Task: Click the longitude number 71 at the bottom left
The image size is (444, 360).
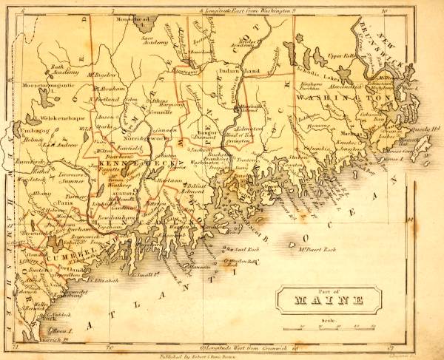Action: coord(18,346)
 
